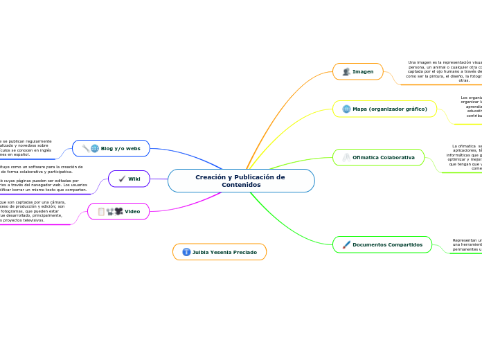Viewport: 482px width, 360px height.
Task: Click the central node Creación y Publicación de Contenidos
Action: pos(240,181)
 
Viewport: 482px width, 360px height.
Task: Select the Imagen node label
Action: pos(363,71)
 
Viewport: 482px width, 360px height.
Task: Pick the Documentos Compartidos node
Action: pos(387,244)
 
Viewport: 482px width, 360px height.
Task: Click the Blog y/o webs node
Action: pos(120,148)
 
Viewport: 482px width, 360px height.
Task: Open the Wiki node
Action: pos(134,179)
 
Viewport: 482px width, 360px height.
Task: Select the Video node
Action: pos(132,211)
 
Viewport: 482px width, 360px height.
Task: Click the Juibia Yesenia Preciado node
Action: pos(224,252)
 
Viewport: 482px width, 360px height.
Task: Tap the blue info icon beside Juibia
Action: pos(186,252)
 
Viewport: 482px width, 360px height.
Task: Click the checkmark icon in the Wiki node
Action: pos(122,179)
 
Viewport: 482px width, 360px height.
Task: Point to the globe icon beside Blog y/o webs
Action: pos(95,148)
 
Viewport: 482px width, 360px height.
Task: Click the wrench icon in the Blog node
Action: pos(85,148)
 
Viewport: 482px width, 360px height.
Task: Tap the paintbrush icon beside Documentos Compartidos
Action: pos(346,244)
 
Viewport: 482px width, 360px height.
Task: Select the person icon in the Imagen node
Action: pos(346,71)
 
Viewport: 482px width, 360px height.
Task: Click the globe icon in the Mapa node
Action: pos(346,109)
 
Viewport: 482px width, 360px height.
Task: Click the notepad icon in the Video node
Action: pos(101,211)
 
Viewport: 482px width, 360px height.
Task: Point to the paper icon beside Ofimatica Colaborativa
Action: pos(346,158)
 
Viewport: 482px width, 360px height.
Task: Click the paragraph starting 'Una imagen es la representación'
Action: pos(443,71)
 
